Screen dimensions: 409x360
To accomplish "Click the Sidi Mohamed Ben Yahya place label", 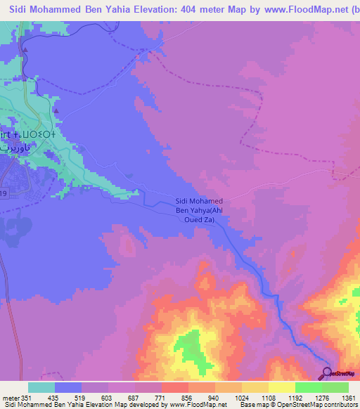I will (199, 209).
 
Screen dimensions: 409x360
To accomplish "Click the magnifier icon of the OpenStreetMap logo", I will (328, 372).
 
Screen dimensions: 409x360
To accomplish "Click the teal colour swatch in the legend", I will (41, 387).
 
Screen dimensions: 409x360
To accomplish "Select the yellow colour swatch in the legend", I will (281, 387).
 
